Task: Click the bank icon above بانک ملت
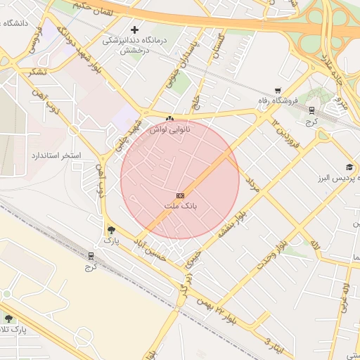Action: [x=181, y=195]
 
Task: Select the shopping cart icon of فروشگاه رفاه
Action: [x=278, y=91]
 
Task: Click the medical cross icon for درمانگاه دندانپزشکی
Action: [x=134, y=30]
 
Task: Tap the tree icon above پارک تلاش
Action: [x=9, y=319]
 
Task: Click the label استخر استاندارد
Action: [x=56, y=154]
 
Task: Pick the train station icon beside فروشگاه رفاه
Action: [x=311, y=110]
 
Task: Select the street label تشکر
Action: [x=39, y=72]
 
